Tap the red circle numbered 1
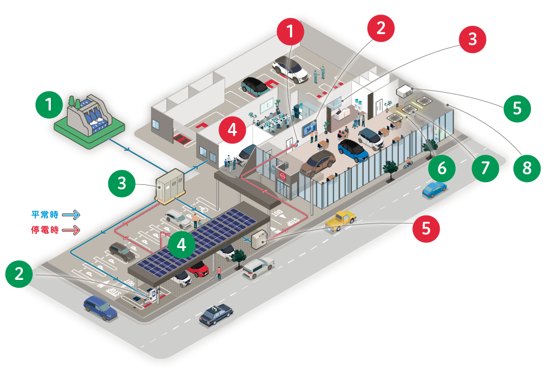[x=290, y=32]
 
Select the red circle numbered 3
[x=473, y=40]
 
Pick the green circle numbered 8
[x=527, y=168]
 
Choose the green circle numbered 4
[x=182, y=244]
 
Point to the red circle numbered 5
[x=426, y=228]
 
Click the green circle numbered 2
[x=20, y=273]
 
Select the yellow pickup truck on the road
[x=341, y=220]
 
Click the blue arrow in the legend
[x=72, y=213]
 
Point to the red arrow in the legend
[x=72, y=229]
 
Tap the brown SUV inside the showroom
[x=317, y=163]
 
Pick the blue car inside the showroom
[x=353, y=150]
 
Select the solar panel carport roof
[x=196, y=240]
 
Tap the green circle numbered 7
[x=485, y=168]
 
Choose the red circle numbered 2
[x=381, y=28]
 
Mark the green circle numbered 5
[x=517, y=108]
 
